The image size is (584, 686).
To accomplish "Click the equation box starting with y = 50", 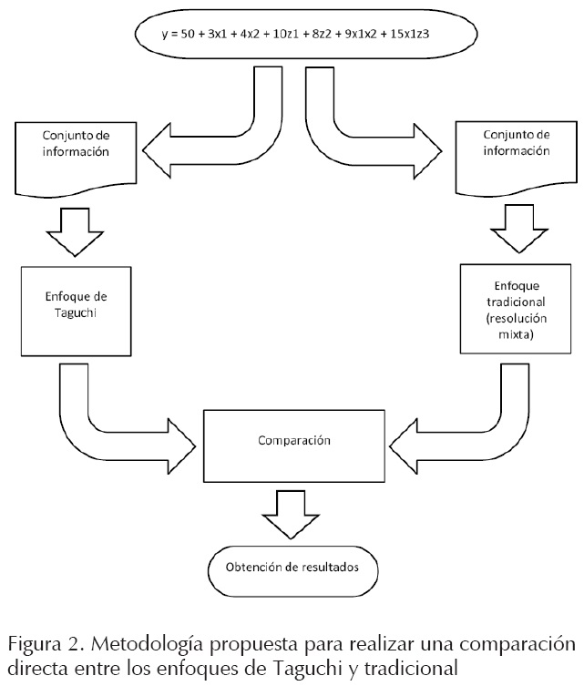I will [x=303, y=34].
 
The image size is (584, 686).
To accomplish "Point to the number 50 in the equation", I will [x=186, y=35].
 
